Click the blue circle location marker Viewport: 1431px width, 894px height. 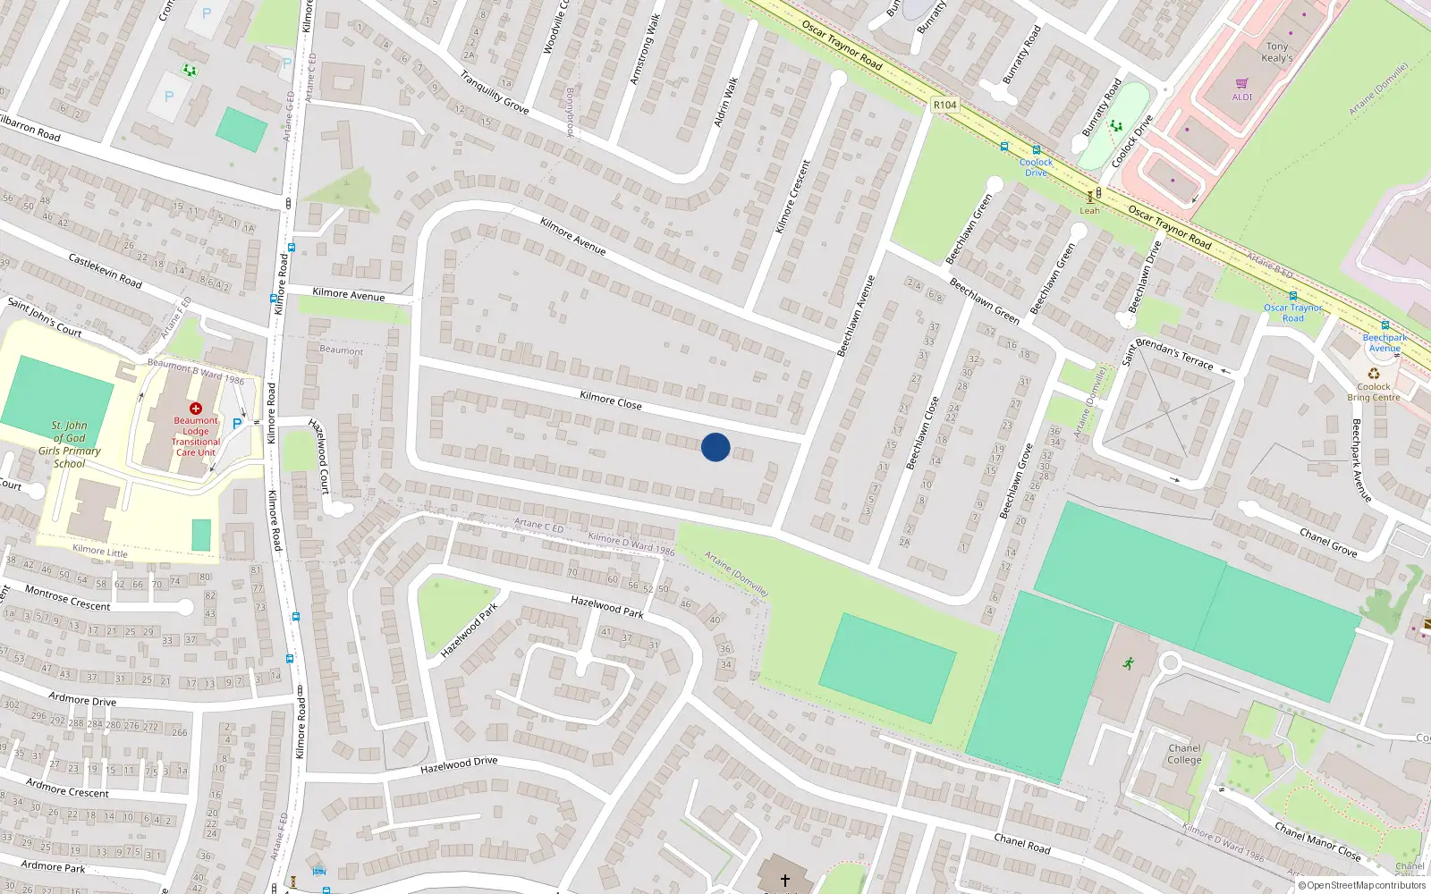coord(715,447)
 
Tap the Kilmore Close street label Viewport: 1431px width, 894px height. coord(611,401)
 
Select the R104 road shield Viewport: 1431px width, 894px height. coord(944,105)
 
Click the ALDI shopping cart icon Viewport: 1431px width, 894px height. coord(1242,84)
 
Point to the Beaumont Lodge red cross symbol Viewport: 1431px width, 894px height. coord(196,408)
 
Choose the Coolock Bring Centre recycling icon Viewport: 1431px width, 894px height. coord(1374,375)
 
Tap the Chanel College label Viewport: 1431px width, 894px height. coord(1184,754)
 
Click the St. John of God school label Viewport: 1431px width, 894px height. coord(70,444)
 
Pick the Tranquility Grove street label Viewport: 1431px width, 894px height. coord(495,93)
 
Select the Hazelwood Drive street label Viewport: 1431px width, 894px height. coord(459,765)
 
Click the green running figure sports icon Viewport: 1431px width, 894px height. coord(1129,662)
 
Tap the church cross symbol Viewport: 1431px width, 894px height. coord(785,880)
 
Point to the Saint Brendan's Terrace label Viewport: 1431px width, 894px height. coord(1168,354)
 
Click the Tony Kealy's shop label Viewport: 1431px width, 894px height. coord(1277,52)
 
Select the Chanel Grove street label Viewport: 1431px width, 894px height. coord(1328,543)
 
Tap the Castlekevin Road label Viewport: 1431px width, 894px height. coord(106,271)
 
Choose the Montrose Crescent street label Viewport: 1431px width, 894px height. coord(68,599)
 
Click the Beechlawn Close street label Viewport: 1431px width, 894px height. coord(923,433)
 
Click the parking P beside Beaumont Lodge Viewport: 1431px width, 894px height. coord(237,424)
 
